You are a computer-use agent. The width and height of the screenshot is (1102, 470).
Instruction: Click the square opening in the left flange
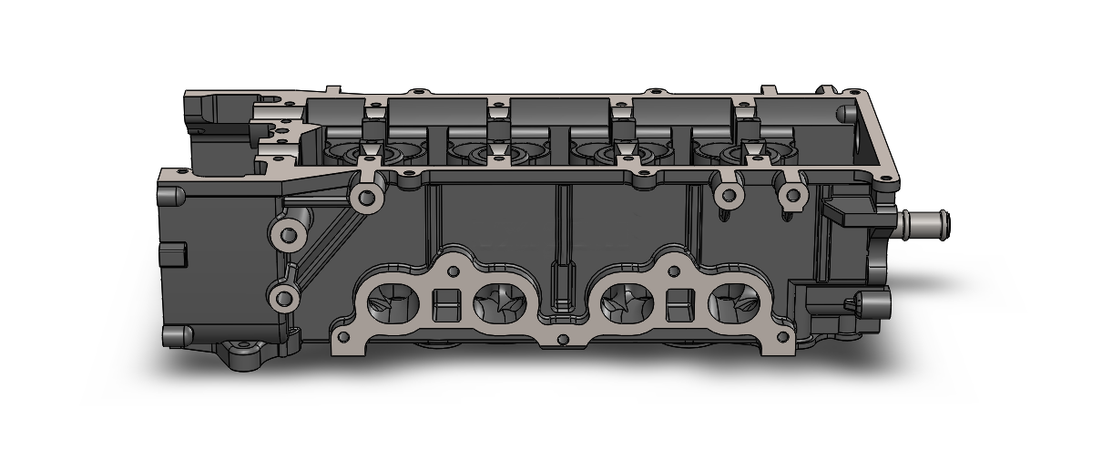point(445,304)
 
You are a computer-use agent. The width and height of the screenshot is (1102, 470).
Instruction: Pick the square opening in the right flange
point(679,305)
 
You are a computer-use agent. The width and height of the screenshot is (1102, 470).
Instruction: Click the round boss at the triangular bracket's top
point(368,196)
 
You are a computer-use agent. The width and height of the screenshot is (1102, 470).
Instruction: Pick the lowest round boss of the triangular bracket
point(283,297)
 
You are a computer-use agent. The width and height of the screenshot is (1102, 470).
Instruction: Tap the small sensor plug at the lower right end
point(857,304)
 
